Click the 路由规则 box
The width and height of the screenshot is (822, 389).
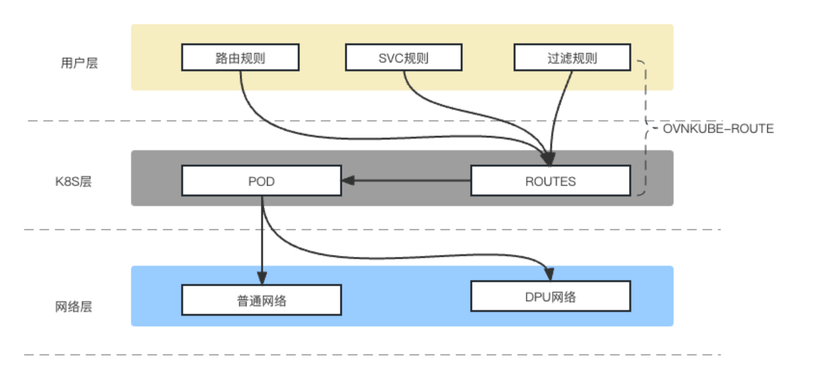point(240,58)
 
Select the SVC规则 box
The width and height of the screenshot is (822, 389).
point(403,58)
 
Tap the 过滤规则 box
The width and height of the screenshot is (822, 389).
point(572,58)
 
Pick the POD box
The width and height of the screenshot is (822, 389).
point(261,181)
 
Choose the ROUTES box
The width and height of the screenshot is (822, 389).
point(550,181)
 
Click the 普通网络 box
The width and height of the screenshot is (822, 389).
point(261,300)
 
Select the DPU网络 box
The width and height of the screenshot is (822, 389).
point(550,296)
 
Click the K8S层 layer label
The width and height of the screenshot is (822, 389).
point(73,182)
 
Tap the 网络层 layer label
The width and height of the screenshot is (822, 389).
point(74,307)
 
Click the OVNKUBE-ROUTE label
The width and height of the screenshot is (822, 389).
point(718,129)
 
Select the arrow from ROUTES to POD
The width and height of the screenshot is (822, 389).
point(411,181)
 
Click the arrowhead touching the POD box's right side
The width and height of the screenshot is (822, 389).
point(347,181)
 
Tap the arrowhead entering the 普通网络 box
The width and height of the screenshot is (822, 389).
point(262,279)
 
